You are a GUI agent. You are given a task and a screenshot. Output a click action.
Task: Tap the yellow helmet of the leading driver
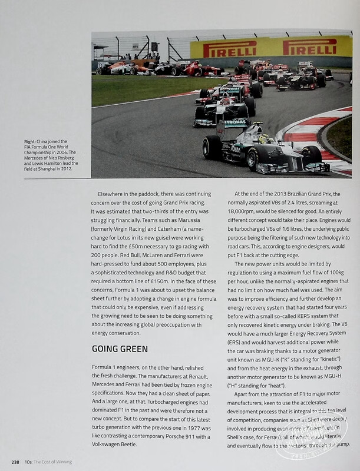tap(264, 139)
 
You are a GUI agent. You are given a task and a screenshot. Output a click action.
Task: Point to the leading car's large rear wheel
tap(212, 148)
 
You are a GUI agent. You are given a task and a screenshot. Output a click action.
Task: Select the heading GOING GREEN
tap(120, 349)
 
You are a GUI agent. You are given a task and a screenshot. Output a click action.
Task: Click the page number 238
tap(15, 462)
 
